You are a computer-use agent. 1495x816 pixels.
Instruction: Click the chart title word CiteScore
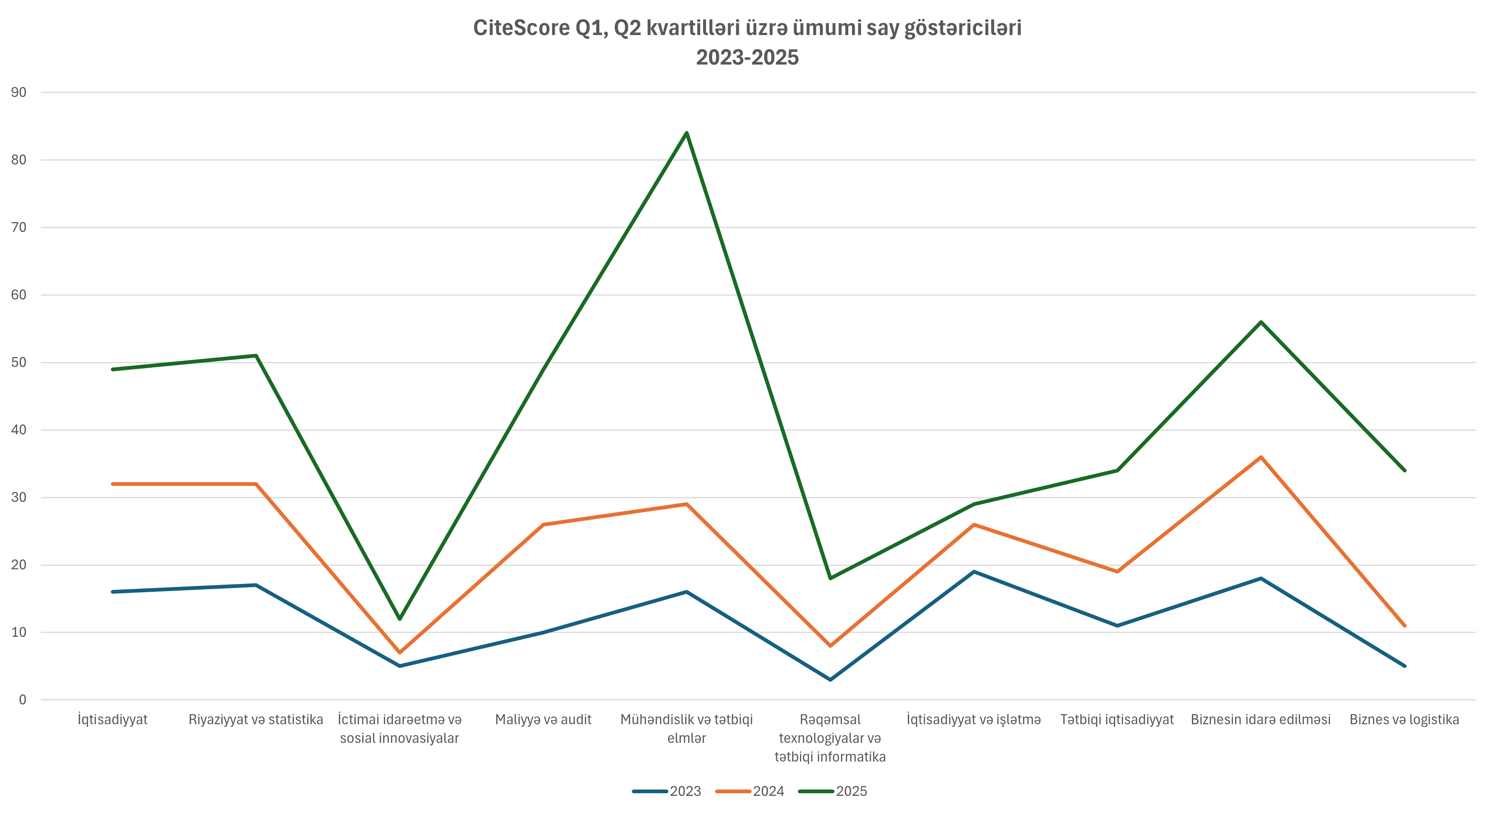pyautogui.click(x=521, y=28)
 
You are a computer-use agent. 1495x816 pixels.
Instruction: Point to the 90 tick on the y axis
pyautogui.click(x=19, y=92)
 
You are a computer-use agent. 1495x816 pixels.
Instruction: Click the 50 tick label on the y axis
pyautogui.click(x=19, y=363)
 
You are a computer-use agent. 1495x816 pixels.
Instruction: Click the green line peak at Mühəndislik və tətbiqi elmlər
pyautogui.click(x=687, y=133)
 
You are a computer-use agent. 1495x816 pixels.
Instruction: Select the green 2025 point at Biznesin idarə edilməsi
pyautogui.click(x=1261, y=322)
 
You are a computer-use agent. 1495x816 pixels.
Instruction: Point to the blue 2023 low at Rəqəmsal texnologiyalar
pyautogui.click(x=830, y=679)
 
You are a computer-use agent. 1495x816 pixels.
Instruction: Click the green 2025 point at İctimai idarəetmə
pyautogui.click(x=399, y=619)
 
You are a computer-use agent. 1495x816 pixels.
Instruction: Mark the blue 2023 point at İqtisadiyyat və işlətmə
pyautogui.click(x=974, y=572)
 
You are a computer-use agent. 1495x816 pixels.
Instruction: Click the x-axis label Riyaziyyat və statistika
pyautogui.click(x=256, y=720)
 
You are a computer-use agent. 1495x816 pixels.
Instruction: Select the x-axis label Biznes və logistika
pyautogui.click(x=1404, y=720)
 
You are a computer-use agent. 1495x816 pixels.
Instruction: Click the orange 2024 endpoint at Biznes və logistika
pyautogui.click(x=1404, y=626)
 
